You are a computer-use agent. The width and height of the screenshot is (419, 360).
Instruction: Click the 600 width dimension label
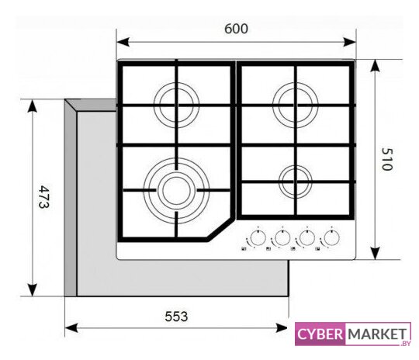[x=236, y=29]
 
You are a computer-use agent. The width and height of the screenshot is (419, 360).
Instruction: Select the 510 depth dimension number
[x=387, y=159]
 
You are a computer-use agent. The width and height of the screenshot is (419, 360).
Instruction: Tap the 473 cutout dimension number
[x=44, y=197]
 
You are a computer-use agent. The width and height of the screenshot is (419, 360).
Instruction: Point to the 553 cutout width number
[x=176, y=317]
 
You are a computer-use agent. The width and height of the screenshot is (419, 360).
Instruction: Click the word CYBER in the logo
[x=320, y=334]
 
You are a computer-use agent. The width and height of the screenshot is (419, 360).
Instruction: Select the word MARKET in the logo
[x=377, y=334]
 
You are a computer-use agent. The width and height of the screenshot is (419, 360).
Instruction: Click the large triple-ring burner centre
[x=176, y=190]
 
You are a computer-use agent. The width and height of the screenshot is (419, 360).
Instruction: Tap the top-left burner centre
[x=176, y=105]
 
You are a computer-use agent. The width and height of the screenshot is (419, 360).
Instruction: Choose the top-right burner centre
[x=296, y=105]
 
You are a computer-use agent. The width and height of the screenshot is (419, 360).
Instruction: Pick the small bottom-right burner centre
[x=296, y=182]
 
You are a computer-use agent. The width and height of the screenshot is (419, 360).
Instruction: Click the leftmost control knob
[x=258, y=237]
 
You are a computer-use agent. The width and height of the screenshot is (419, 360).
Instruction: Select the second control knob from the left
[x=282, y=237]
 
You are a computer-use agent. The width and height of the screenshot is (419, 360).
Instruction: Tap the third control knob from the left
[x=307, y=237]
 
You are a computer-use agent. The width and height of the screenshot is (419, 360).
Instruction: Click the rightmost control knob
[x=331, y=237]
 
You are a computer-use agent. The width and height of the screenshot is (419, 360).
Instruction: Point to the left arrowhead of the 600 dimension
[x=123, y=42]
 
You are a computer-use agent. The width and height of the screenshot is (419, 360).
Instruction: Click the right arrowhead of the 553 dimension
[x=282, y=328]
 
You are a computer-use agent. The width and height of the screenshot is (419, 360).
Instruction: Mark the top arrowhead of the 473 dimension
[x=33, y=106]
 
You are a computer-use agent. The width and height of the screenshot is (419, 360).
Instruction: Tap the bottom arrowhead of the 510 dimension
[x=376, y=253]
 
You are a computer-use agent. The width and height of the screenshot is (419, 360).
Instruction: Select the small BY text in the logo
[x=406, y=344]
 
